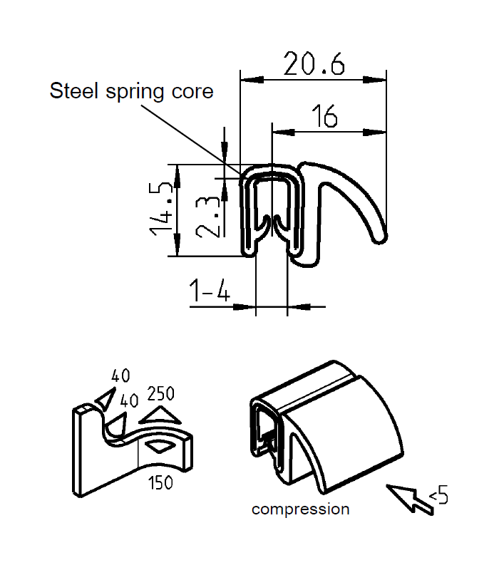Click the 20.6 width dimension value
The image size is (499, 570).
click(314, 63)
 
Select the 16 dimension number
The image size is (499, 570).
click(324, 115)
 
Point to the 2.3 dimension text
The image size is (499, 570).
click(207, 217)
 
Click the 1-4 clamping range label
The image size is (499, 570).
click(209, 291)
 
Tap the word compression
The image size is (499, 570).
click(300, 509)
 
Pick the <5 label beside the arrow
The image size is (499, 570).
click(438, 494)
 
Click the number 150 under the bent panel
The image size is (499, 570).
click(160, 483)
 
